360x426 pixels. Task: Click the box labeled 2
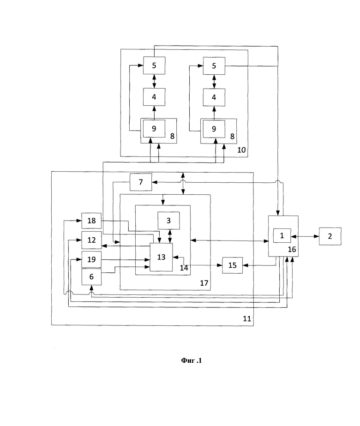tap(330, 236)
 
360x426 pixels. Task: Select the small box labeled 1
tap(282, 235)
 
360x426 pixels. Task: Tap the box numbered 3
tap(169, 220)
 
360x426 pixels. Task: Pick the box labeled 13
tap(162, 257)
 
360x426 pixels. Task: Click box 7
tap(141, 182)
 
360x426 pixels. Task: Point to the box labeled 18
tap(91, 221)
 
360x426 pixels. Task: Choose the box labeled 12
tap(91, 240)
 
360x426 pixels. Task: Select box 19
tap(91, 259)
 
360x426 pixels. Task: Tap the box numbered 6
tap(91, 277)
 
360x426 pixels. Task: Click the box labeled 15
tap(233, 265)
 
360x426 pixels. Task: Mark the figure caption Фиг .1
tap(191, 360)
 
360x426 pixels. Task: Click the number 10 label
tap(241, 150)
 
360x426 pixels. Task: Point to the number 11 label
tap(247, 318)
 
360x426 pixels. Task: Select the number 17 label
tap(204, 283)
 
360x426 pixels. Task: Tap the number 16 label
tap(292, 249)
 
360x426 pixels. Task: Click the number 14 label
tap(184, 268)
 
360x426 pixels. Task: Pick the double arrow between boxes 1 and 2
tap(305, 236)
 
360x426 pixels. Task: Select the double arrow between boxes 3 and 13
tap(170, 236)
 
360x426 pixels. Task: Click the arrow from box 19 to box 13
tap(126, 260)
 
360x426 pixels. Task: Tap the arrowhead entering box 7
tap(155, 182)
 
